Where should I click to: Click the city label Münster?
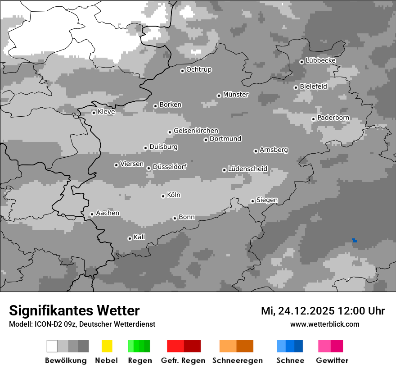point(236,95)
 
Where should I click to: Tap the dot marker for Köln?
point(163,196)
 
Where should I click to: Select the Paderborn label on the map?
point(333,118)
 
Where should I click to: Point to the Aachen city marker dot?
point(92,214)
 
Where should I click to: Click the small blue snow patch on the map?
point(355,240)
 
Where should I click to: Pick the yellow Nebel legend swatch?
point(107,346)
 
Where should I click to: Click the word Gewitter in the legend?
point(332,360)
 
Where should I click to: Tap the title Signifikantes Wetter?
point(74,310)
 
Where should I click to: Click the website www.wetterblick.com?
point(324,324)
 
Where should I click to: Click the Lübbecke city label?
point(320,60)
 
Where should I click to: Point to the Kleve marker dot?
point(94,113)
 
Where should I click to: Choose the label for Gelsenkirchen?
point(196,131)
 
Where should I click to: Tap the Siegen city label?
point(267,200)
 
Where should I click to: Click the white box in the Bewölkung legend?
point(52,346)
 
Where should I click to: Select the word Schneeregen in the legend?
point(237,360)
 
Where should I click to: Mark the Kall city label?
point(139,237)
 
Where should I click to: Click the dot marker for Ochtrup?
point(182,71)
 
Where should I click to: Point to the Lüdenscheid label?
point(247,169)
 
